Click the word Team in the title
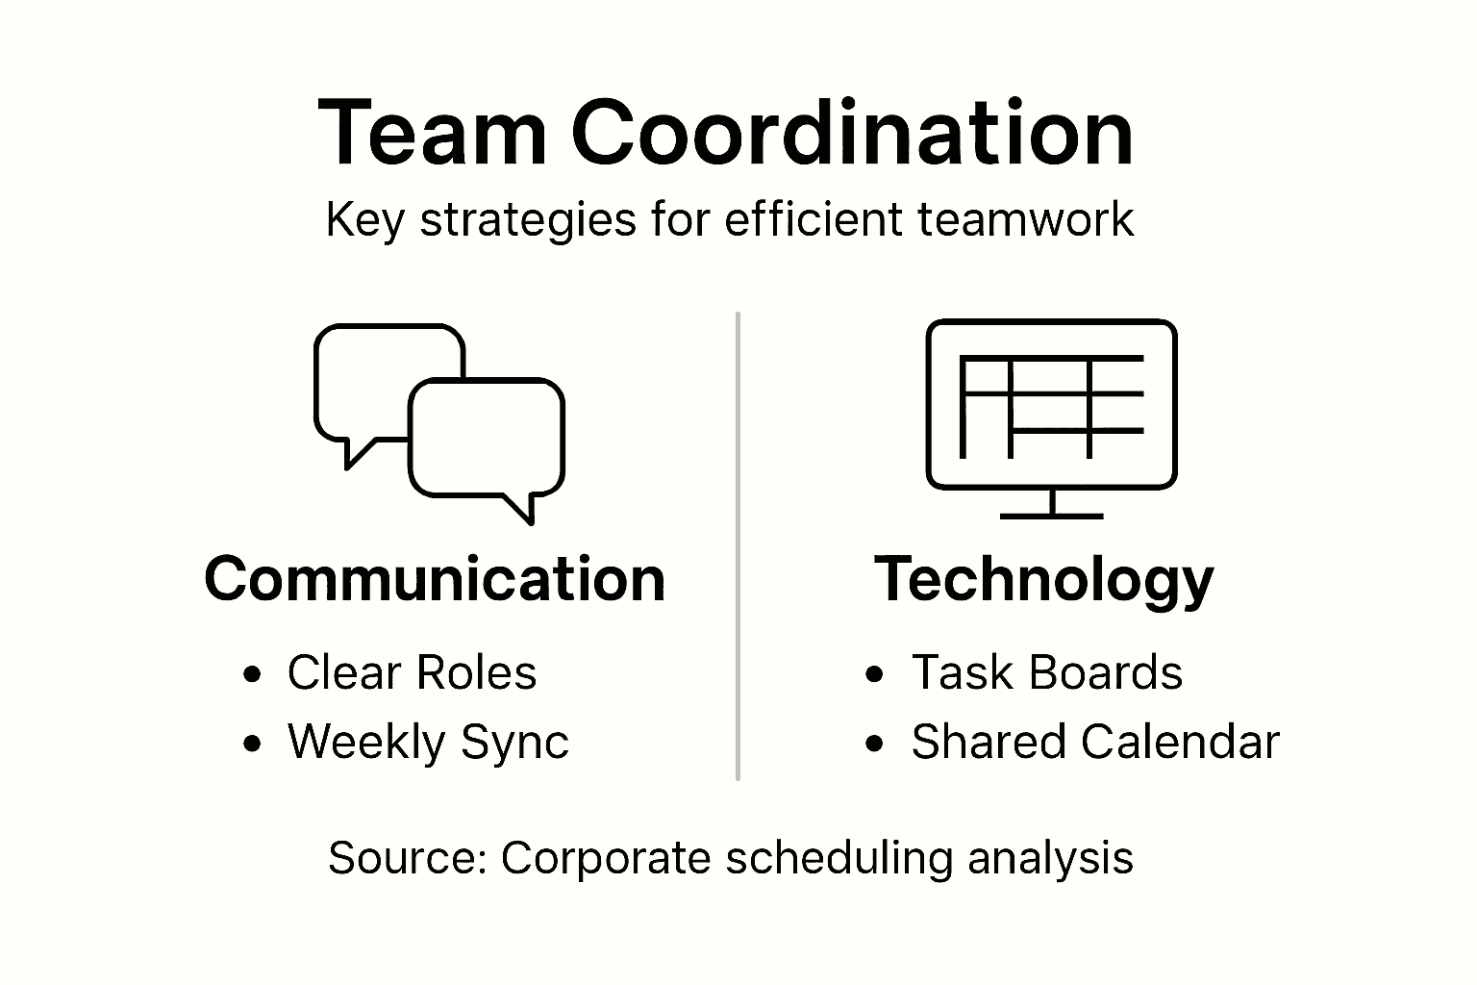click(433, 132)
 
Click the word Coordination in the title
click(852, 132)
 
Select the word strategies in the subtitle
click(528, 220)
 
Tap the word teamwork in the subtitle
click(1025, 219)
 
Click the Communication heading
click(435, 579)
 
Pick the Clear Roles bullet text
click(413, 673)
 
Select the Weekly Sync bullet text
click(428, 743)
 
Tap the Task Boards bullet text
click(1047, 673)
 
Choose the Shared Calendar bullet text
click(1095, 742)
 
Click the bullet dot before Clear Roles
click(252, 674)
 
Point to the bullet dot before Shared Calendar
click(874, 744)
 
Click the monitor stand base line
click(1052, 517)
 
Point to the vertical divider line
click(738, 546)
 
